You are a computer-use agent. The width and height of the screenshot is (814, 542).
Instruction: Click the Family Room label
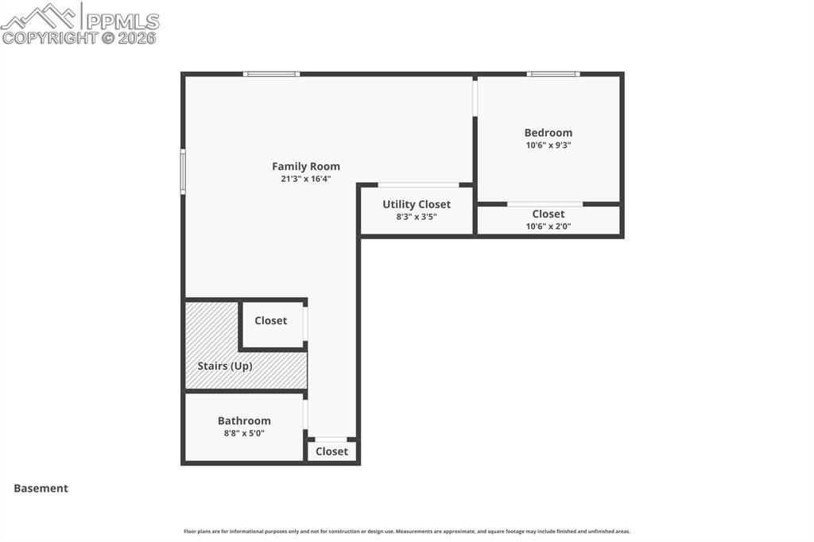pos(306,166)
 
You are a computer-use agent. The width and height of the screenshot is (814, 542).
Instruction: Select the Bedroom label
pos(548,133)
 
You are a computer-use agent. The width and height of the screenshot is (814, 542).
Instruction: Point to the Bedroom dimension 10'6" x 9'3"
pos(548,145)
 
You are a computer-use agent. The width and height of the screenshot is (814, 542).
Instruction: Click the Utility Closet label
pos(417,204)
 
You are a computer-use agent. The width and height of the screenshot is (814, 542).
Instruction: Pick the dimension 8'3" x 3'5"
pos(417,216)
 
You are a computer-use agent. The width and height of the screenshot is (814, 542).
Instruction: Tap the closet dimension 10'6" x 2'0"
pos(548,226)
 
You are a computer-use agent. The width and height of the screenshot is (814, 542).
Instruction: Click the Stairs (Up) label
pos(225,366)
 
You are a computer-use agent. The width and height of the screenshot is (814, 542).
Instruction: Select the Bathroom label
pos(244,420)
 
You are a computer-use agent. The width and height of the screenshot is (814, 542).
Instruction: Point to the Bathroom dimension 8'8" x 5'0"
pos(244,433)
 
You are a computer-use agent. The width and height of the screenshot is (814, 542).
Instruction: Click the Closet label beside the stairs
pos(270,320)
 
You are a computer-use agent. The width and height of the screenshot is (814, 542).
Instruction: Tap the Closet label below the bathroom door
pos(331,451)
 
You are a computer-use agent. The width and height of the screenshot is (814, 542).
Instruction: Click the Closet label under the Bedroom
pos(548,214)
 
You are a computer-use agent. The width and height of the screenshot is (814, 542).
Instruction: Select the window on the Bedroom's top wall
pos(553,74)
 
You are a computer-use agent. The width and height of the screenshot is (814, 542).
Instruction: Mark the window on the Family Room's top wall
pos(271,74)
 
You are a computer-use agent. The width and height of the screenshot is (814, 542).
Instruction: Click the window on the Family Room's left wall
pos(183,172)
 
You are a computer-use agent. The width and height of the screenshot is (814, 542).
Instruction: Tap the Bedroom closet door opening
pos(545,204)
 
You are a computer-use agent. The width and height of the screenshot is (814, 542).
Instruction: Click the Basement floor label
pos(41,488)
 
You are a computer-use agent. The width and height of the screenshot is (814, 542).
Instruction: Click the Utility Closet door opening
pos(418,185)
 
